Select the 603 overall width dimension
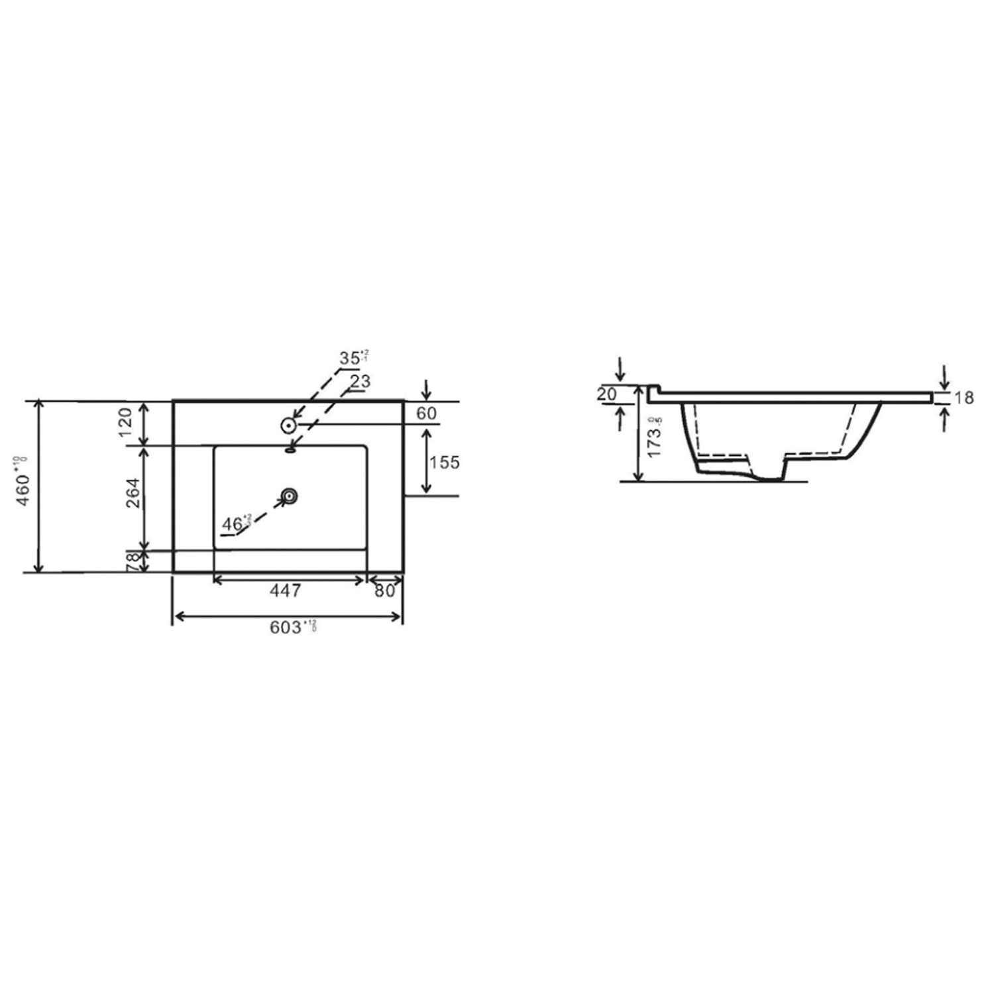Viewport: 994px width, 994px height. point(286,628)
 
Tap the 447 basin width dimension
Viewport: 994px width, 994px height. point(286,590)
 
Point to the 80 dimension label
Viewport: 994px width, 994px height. point(384,590)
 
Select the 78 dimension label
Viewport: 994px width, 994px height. point(133,562)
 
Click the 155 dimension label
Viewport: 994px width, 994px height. point(443,462)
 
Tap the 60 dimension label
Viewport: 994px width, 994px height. point(427,413)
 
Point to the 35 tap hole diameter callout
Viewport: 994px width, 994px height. point(352,358)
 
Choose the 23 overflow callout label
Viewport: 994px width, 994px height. point(359,382)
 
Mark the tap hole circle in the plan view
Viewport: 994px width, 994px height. point(288,424)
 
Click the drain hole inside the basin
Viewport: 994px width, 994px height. point(289,494)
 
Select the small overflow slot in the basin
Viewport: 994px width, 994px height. point(290,450)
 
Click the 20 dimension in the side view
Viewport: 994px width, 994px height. point(606,394)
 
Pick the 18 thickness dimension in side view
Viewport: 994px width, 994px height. point(965,398)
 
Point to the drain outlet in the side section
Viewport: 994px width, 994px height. point(769,471)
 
